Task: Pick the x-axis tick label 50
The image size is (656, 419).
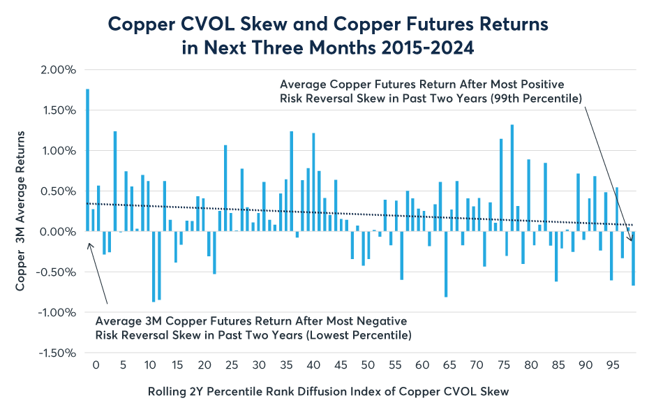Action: (x=367, y=365)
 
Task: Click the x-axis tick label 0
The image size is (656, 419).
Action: (x=96, y=365)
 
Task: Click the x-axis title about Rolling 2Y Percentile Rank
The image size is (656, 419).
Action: (x=329, y=392)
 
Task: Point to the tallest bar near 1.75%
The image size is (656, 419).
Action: (x=87, y=160)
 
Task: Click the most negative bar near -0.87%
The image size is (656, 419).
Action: (x=154, y=266)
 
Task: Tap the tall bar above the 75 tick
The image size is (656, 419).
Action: (x=501, y=185)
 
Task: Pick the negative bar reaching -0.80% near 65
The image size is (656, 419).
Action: (x=446, y=264)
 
